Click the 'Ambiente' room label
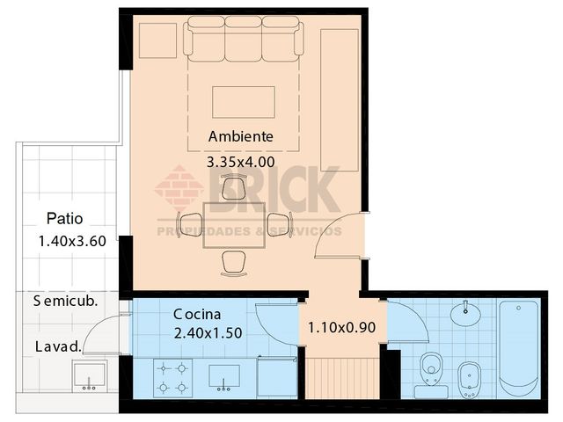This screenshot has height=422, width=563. click(x=240, y=137)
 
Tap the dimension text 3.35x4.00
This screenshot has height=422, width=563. click(x=240, y=162)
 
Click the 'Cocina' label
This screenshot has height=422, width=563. click(x=197, y=314)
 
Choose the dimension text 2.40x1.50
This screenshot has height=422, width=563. click(x=208, y=333)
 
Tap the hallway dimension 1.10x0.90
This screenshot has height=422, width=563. click(x=342, y=329)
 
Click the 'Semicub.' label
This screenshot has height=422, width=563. click(x=65, y=302)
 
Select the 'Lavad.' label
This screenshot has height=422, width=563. click(x=58, y=346)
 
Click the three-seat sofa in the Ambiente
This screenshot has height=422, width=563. click(x=243, y=40)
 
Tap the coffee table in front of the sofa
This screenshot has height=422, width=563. click(x=244, y=101)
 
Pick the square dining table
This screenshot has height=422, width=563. click(x=233, y=225)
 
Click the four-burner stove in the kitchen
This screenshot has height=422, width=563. click(x=173, y=377)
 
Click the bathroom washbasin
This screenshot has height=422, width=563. click(x=464, y=313)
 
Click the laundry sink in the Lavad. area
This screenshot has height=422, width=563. click(x=90, y=375)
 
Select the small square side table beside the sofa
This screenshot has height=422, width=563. click(x=157, y=40)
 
